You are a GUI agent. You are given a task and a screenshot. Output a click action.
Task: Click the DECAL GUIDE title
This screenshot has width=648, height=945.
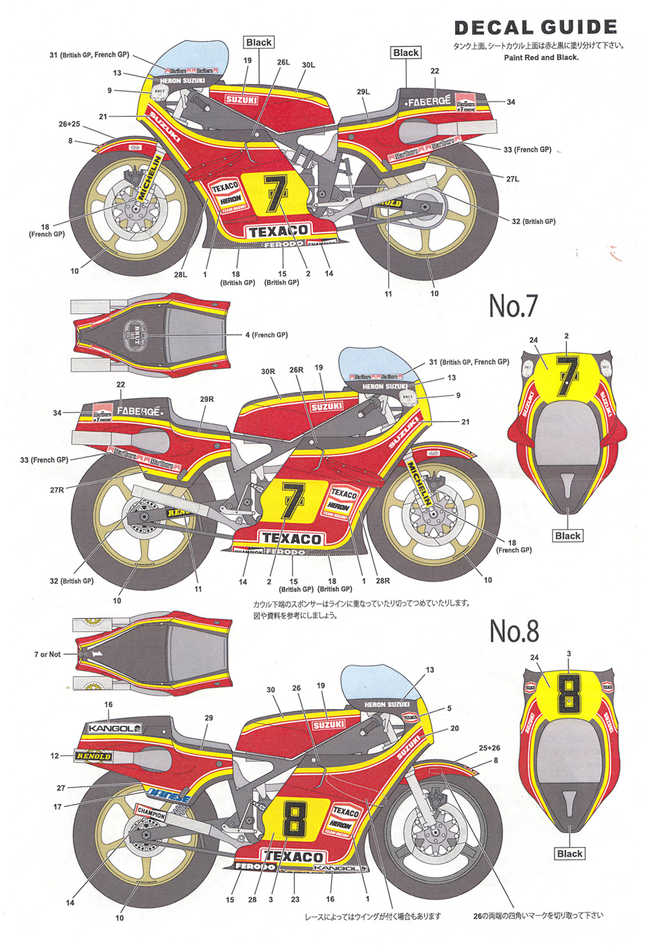(536, 27)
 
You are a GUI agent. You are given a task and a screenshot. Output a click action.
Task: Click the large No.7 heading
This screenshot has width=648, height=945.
(513, 306)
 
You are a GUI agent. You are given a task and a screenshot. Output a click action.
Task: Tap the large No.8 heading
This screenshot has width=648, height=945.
(514, 631)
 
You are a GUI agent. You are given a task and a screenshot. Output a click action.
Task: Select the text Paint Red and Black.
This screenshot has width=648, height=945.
(541, 57)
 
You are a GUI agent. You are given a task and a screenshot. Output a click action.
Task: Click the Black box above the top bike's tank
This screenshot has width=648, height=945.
(259, 43)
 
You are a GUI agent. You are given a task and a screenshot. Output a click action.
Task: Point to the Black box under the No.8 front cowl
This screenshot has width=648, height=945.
(569, 854)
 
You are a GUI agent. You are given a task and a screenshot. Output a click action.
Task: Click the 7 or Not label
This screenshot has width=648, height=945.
(47, 654)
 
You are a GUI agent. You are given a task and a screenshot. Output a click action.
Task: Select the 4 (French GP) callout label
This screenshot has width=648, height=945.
(266, 335)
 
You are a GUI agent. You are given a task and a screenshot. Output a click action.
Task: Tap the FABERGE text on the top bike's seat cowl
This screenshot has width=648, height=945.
(429, 101)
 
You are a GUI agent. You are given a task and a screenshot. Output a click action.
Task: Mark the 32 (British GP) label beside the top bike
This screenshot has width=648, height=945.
(533, 222)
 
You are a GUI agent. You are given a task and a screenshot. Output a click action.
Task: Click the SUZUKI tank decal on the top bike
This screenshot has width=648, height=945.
(241, 100)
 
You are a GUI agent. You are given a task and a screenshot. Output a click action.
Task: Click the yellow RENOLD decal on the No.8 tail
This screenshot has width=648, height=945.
(93, 756)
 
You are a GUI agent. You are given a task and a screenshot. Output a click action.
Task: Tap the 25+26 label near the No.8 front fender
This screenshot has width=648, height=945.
(489, 748)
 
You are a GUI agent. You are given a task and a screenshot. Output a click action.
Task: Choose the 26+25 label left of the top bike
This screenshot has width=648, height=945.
(69, 124)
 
